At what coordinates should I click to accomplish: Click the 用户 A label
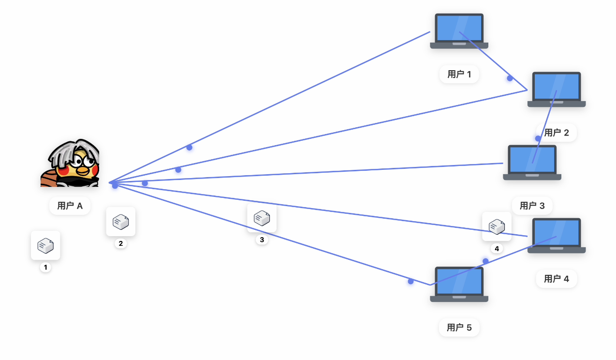click(70, 206)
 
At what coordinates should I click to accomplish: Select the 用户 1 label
click(459, 74)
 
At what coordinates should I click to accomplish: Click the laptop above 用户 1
click(459, 31)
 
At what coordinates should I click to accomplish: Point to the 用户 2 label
click(557, 133)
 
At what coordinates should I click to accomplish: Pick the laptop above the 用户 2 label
click(556, 89)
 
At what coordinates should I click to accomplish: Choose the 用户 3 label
click(532, 206)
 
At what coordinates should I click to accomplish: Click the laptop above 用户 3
click(532, 162)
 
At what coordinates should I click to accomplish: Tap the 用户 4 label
click(557, 279)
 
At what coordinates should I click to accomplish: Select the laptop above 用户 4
click(556, 235)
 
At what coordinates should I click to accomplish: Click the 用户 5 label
click(459, 328)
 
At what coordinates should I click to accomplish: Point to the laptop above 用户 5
click(459, 284)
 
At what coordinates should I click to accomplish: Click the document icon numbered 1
click(45, 245)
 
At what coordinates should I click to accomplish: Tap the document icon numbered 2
click(120, 222)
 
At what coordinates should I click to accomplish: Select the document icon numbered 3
click(262, 218)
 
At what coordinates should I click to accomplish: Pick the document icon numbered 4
click(497, 226)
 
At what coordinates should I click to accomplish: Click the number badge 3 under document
click(262, 240)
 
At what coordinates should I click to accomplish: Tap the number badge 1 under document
click(45, 267)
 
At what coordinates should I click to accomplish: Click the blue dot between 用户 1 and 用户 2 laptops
click(510, 78)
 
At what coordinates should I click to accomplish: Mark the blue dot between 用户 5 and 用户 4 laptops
click(485, 261)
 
